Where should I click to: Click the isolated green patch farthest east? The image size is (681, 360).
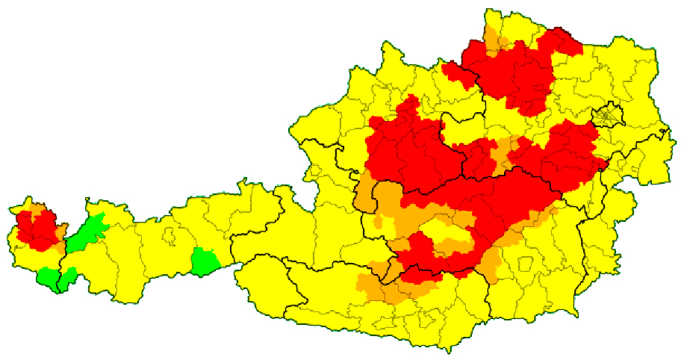point(203,261)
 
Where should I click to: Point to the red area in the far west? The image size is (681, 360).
point(37,229)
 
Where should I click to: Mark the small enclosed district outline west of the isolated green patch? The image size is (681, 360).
point(170,238)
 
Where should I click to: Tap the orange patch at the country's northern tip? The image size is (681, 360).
point(493,39)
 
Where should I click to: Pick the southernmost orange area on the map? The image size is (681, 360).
point(388,288)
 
